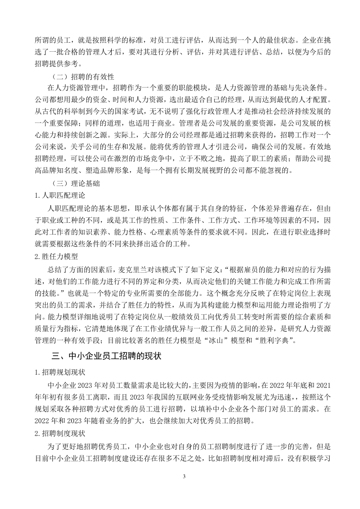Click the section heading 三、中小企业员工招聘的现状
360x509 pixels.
(106, 356)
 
